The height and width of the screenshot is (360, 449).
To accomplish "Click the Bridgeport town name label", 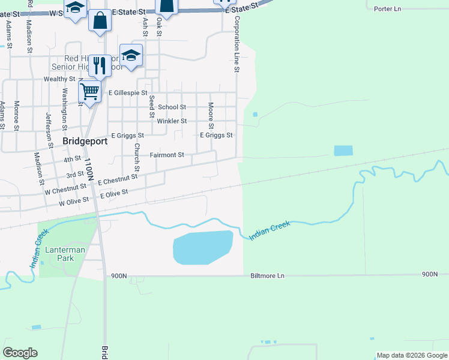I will tap(85, 142).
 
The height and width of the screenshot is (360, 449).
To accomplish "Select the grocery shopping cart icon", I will tap(89, 92).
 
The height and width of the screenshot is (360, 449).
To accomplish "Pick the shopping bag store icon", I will tap(100, 20).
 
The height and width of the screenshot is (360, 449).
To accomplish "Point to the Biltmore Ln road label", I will tap(267, 276).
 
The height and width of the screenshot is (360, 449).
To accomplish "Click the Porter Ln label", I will tap(387, 9).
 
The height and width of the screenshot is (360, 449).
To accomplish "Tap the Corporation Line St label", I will tap(237, 45).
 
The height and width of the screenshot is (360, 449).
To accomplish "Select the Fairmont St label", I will tap(167, 155).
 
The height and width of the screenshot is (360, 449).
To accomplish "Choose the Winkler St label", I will tap(172, 121).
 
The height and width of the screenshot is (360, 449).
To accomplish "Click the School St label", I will tap(172, 107).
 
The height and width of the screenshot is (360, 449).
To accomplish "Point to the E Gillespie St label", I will tap(128, 93).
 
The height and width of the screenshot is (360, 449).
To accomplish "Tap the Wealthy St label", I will tap(59, 79).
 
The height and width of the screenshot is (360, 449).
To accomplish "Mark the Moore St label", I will tap(211, 115).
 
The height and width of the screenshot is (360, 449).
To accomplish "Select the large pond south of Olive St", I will tap(202, 247).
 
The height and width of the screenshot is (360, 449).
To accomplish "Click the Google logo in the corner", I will tap(20, 352).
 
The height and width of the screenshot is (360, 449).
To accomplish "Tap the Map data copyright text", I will tap(412, 355).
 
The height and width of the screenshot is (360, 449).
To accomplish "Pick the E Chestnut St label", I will tap(113, 181).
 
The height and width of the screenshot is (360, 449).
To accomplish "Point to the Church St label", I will tap(137, 157).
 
